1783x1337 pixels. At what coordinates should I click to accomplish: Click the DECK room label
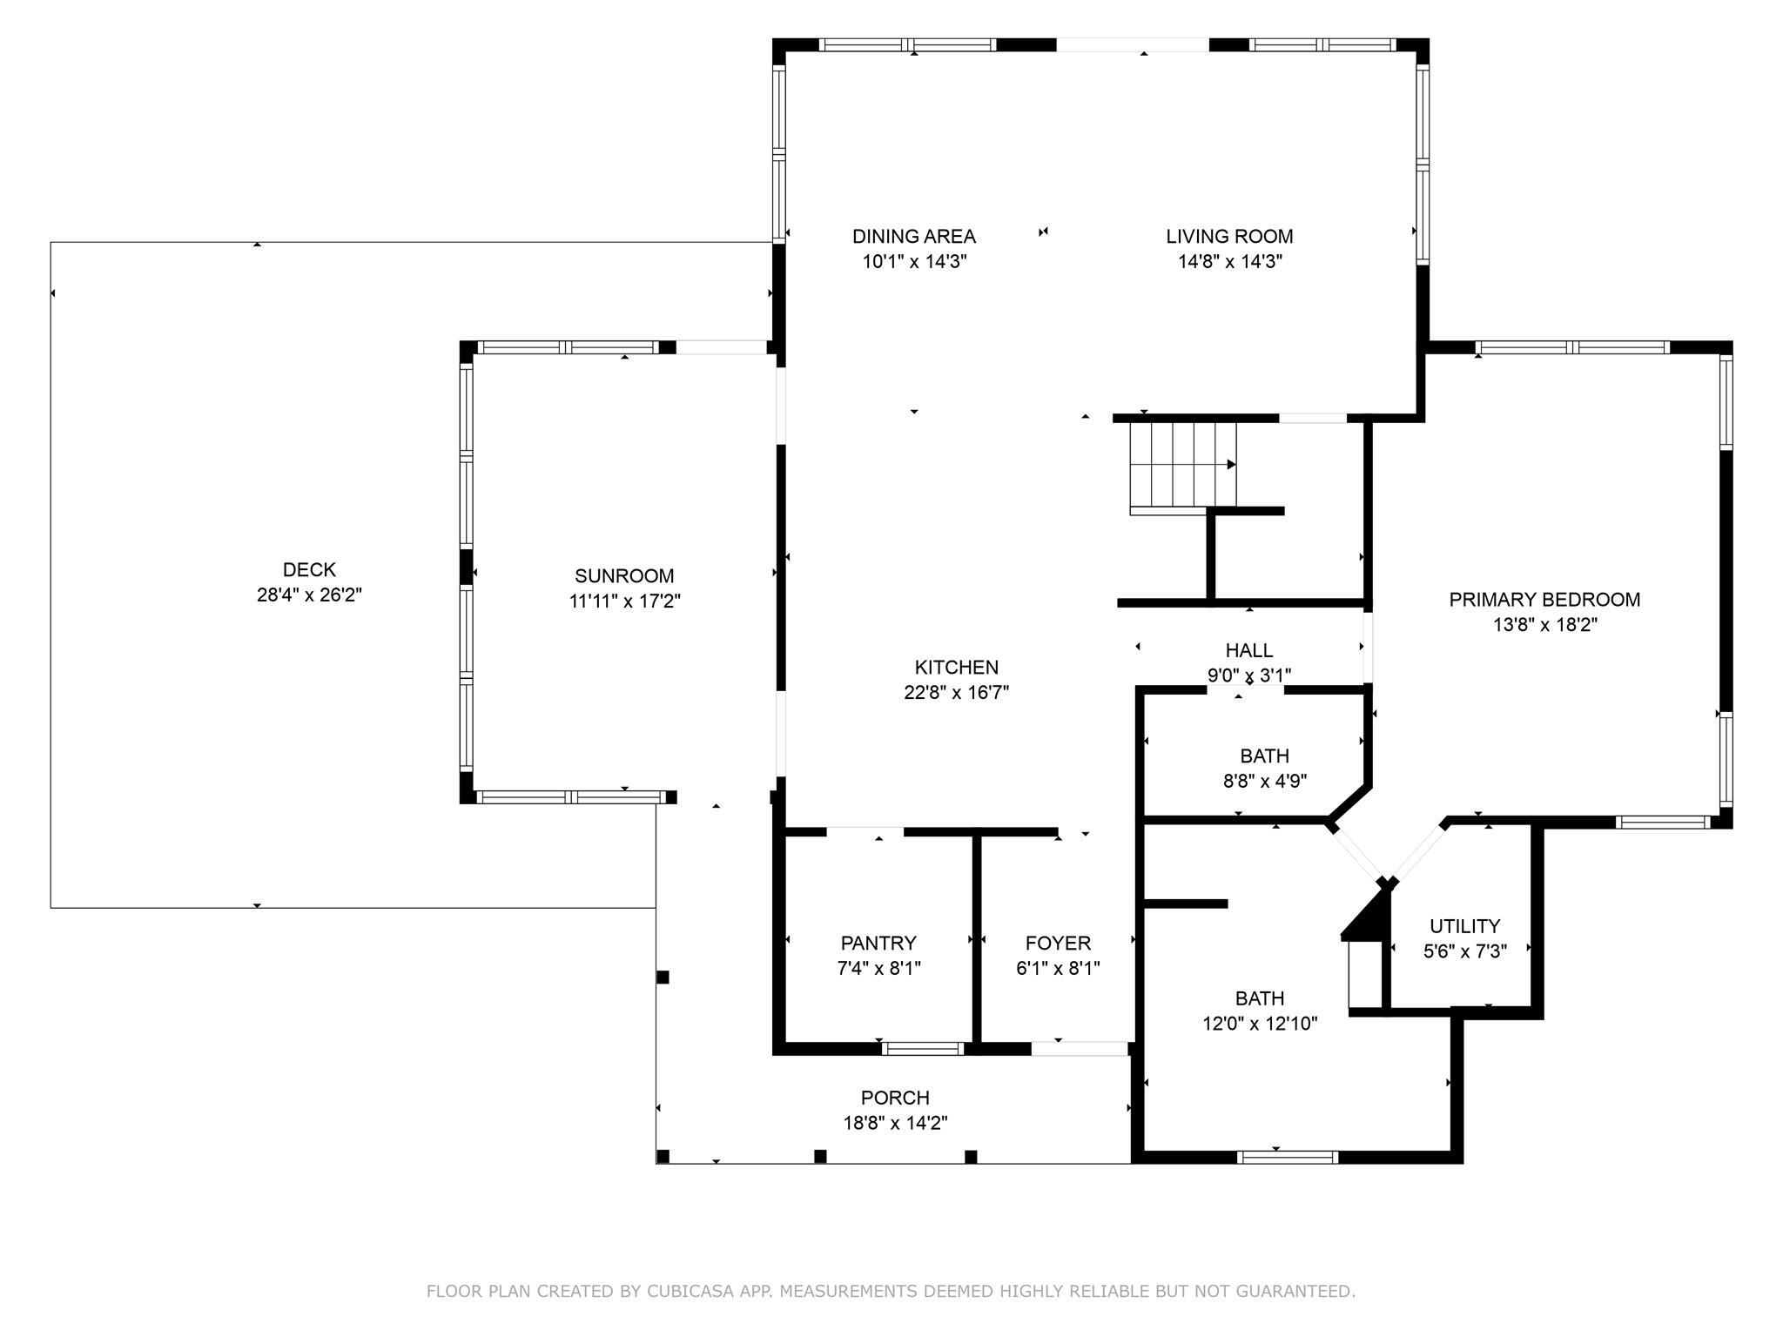pyautogui.click(x=309, y=570)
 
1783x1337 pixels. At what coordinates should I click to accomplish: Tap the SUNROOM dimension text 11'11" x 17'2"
pyautogui.click(x=624, y=601)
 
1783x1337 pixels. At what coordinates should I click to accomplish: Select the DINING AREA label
pyautogui.click(x=913, y=236)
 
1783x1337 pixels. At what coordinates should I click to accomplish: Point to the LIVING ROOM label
pyautogui.click(x=1229, y=236)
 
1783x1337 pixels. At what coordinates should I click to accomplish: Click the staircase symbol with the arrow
pyautogui.click(x=1182, y=465)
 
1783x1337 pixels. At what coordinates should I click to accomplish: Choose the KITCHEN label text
pyautogui.click(x=956, y=668)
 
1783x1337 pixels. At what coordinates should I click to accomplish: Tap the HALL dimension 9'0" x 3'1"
pyautogui.click(x=1248, y=675)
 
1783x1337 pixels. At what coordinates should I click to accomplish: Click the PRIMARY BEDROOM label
pyautogui.click(x=1544, y=600)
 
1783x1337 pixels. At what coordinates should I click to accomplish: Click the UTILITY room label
pyautogui.click(x=1464, y=926)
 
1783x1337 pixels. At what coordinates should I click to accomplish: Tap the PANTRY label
pyautogui.click(x=878, y=943)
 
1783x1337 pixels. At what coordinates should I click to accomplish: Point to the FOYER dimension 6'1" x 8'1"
pyautogui.click(x=1058, y=969)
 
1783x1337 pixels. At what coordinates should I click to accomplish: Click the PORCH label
pyautogui.click(x=895, y=1098)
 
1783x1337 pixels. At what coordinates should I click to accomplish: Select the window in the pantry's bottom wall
pyautogui.click(x=922, y=1049)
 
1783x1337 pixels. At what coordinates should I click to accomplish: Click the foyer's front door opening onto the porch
pyautogui.click(x=1080, y=1049)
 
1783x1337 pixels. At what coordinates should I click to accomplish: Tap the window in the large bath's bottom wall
pyautogui.click(x=1287, y=1157)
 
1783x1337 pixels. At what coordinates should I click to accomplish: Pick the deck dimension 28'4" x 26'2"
pyautogui.click(x=309, y=595)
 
